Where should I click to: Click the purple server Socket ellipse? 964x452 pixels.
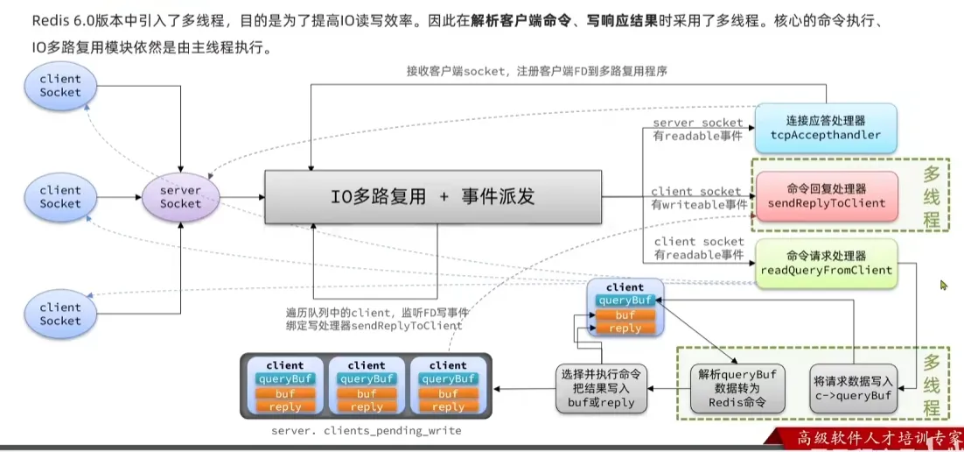pyautogui.click(x=180, y=197)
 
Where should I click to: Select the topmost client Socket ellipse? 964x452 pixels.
pyautogui.click(x=60, y=85)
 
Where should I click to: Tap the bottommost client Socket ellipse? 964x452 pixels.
pyautogui.click(x=60, y=314)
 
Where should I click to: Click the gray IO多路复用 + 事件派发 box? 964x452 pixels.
pyautogui.click(x=433, y=197)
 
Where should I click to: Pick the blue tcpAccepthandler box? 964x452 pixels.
pyautogui.click(x=826, y=128)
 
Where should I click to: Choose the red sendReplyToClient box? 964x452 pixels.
pyautogui.click(x=826, y=196)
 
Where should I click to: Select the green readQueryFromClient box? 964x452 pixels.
pyautogui.click(x=826, y=263)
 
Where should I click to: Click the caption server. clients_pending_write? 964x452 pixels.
pyautogui.click(x=366, y=431)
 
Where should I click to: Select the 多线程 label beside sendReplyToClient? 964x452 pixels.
pyautogui.click(x=932, y=198)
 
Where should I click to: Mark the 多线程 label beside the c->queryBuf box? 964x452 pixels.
pyautogui.click(x=932, y=385)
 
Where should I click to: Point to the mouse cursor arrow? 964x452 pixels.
pyautogui.click(x=944, y=285)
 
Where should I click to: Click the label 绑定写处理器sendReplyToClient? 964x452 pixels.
pyautogui.click(x=374, y=326)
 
